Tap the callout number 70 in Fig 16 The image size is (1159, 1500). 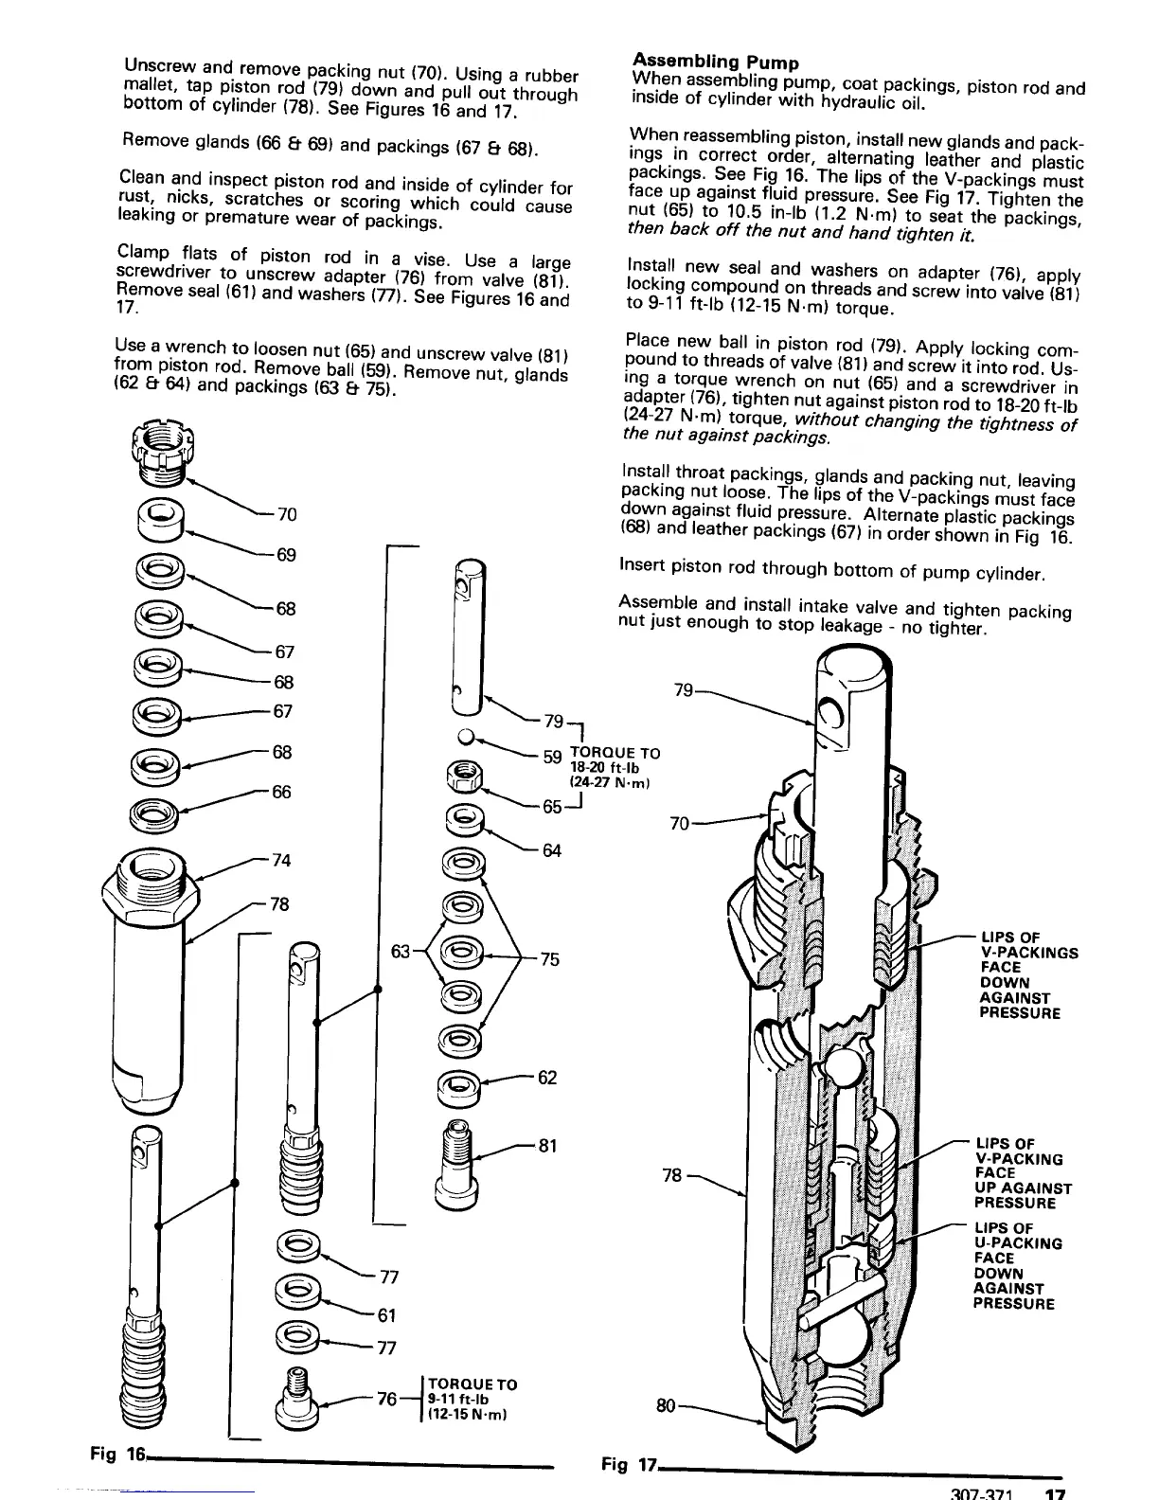[287, 514]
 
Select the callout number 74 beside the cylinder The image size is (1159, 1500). [281, 861]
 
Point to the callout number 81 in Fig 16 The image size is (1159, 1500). [547, 1146]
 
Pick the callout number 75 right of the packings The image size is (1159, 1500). [550, 959]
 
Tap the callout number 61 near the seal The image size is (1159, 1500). [386, 1314]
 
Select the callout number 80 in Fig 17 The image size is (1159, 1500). [667, 1406]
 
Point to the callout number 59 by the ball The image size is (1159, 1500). [553, 757]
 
